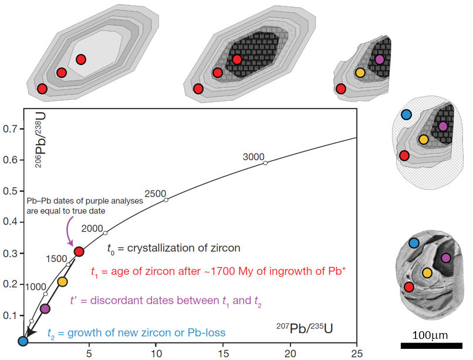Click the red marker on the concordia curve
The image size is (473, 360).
point(79,252)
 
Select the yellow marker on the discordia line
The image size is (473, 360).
point(62,282)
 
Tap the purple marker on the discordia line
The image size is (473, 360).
point(45,309)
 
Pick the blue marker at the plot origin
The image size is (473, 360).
point(23,341)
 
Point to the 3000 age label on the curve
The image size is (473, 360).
point(254,157)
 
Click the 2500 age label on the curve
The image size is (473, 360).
point(156,193)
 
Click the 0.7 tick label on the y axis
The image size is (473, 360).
point(9,129)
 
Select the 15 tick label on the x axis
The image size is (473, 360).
point(223,354)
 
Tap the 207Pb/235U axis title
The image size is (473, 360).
point(305,328)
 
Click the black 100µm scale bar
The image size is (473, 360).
point(431,345)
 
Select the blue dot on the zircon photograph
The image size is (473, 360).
point(414,243)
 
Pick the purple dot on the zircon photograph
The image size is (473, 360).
point(446,258)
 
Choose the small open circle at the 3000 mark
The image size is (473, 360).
point(265,163)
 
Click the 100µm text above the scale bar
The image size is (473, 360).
point(430,335)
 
